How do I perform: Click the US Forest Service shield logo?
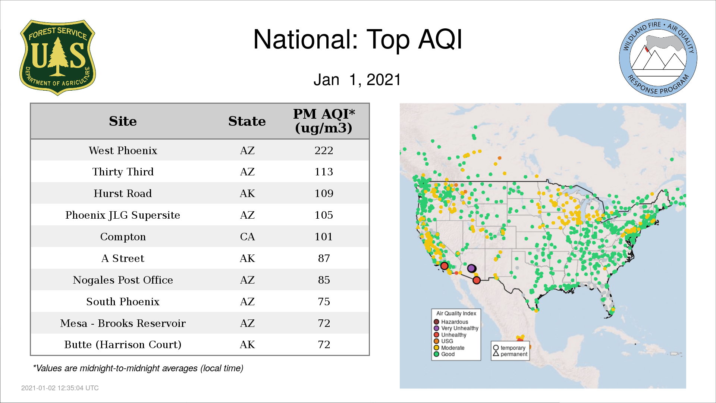pos(57,58)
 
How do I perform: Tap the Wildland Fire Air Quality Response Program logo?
pos(658,58)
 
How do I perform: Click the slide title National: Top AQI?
pos(358,39)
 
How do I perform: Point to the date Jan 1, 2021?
pos(357,79)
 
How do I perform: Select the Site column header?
pos(123,121)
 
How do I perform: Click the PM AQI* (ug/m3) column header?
pos(324,121)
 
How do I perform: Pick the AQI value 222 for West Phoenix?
pos(324,150)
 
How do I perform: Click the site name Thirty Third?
pos(123,172)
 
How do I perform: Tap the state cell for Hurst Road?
pos(247,193)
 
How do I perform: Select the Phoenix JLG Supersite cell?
pos(123,215)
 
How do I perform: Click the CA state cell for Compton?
pos(247,237)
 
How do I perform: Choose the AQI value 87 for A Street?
pos(324,258)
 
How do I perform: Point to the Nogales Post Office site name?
pos(123,280)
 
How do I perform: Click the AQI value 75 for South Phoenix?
pos(324,302)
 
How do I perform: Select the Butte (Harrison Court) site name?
pos(123,344)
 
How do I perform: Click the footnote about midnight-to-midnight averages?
pos(138,368)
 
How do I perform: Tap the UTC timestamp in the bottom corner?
pos(60,388)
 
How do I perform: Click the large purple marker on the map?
pos(471,268)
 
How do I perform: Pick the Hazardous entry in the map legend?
pos(451,322)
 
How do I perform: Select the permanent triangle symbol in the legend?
pos(496,354)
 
